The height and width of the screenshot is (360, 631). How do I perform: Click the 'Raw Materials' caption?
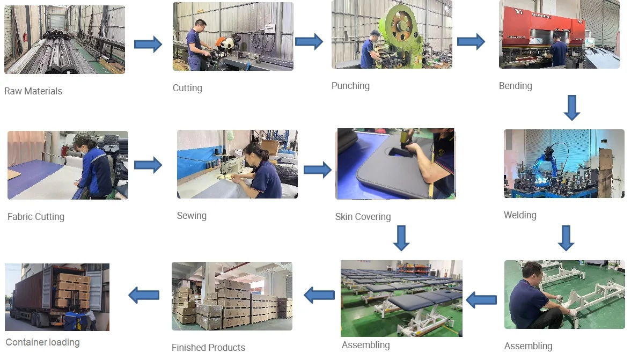point(33,91)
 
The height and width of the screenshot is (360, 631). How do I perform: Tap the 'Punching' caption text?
point(350,86)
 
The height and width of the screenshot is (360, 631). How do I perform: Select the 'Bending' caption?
point(515,86)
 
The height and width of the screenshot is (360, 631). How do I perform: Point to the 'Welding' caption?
point(520,215)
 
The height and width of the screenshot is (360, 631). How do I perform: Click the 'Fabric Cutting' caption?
point(36,217)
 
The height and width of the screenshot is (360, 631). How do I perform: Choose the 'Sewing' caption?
point(192,216)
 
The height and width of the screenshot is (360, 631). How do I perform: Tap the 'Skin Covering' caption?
point(363,217)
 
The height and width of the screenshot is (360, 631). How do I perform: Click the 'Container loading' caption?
point(42,342)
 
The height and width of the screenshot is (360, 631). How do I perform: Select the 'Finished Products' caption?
point(208,348)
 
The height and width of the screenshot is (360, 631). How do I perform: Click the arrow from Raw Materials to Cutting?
point(148,44)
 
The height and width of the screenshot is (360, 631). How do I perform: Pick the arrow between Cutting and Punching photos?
point(309,41)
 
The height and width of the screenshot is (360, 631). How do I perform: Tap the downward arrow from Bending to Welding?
point(572,108)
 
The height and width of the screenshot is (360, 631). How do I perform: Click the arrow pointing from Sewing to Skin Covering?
point(318,170)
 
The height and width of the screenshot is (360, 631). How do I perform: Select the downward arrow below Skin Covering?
point(401,238)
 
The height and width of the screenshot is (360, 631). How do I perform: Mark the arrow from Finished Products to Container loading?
point(144,295)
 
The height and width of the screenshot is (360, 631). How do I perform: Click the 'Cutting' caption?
point(187,88)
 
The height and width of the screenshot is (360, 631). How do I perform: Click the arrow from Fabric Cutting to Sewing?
point(148,165)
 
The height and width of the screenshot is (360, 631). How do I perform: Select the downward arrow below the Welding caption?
point(566,238)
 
